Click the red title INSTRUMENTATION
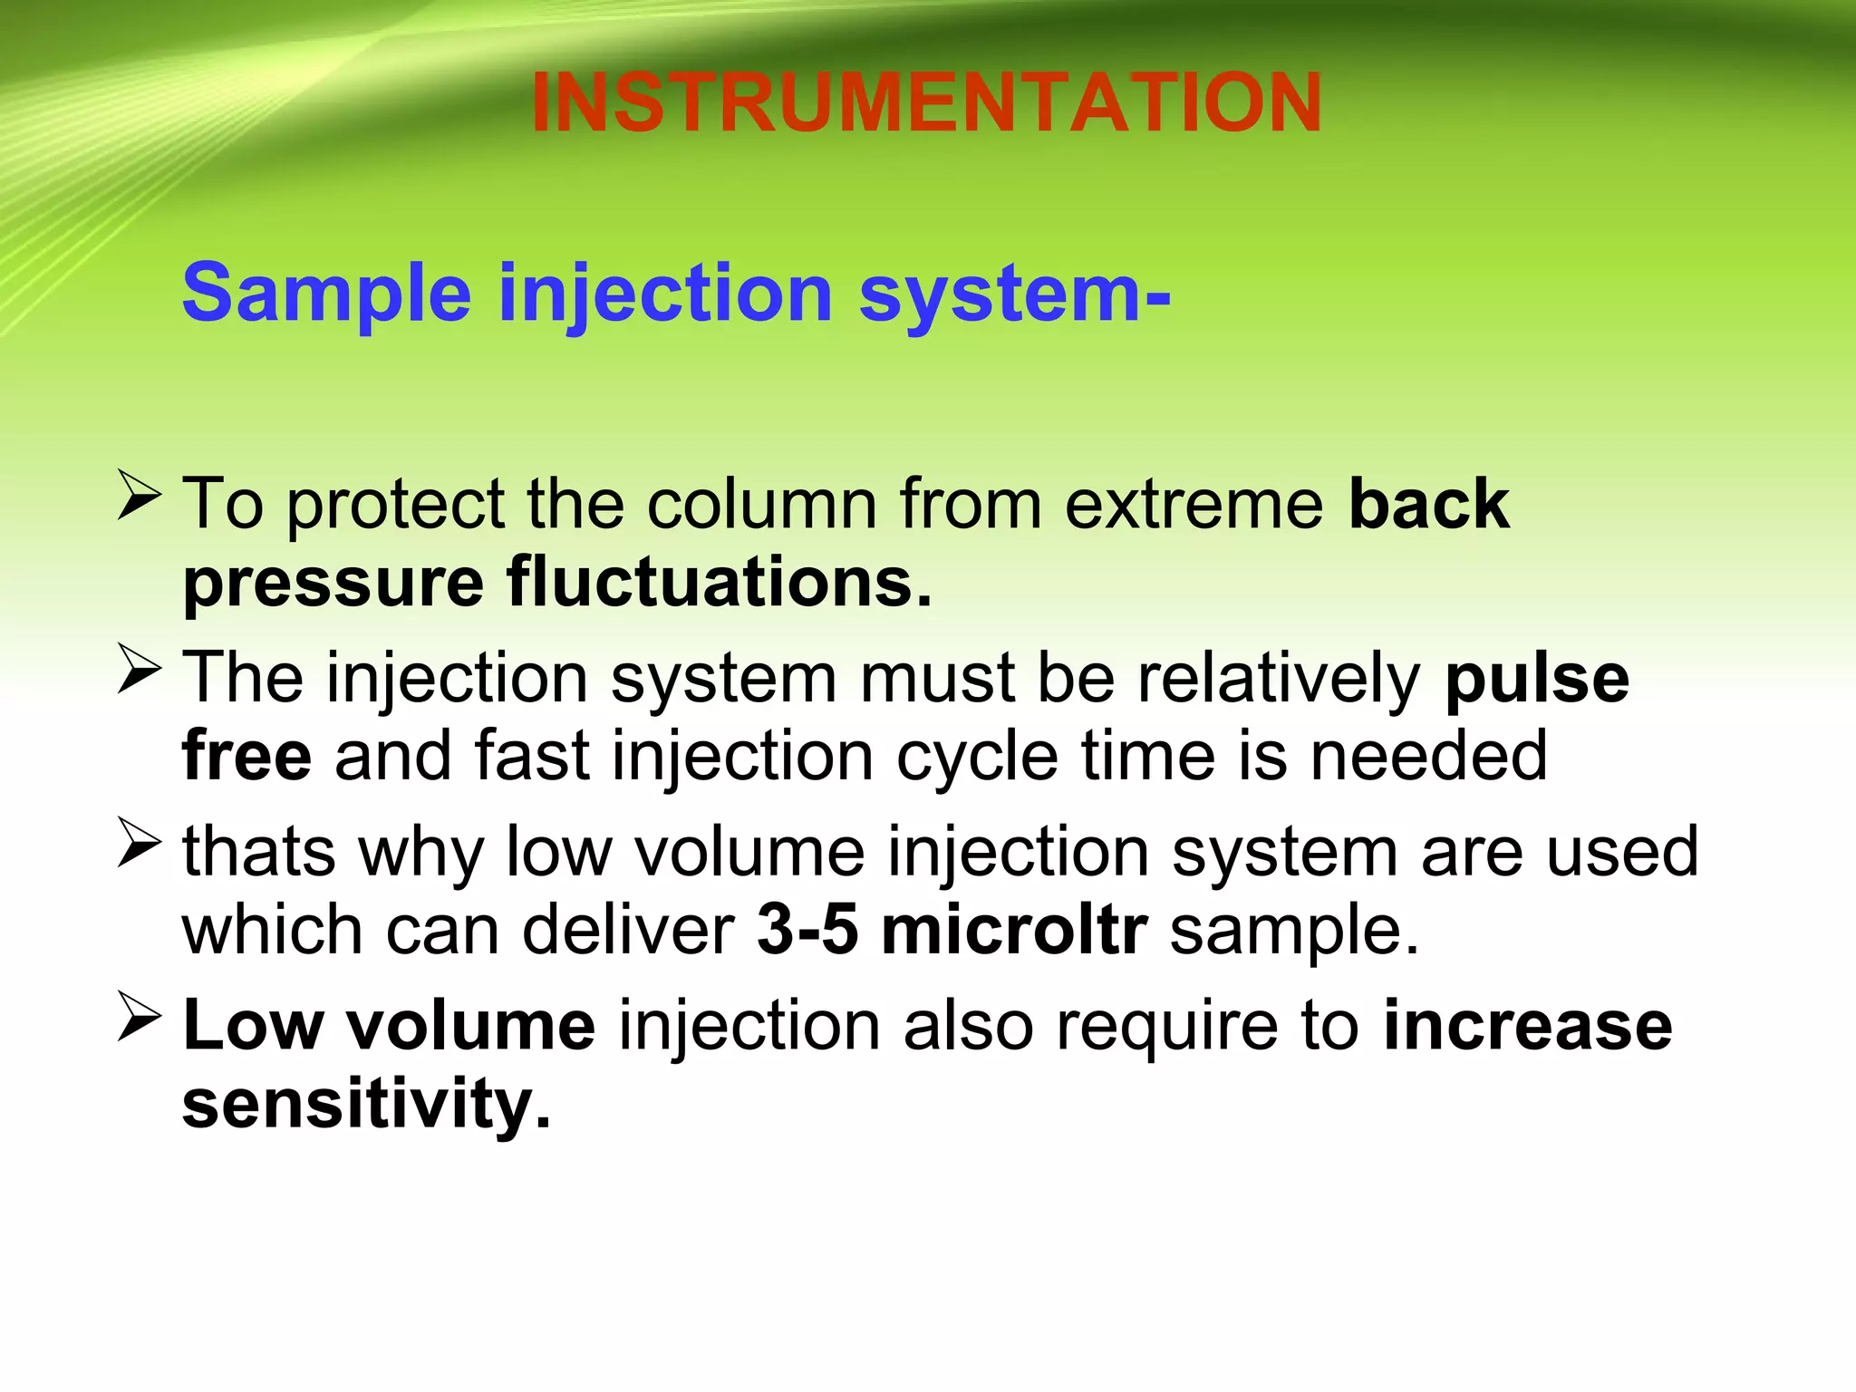pos(926,102)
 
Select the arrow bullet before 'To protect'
pos(139,498)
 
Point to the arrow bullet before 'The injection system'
pos(139,672)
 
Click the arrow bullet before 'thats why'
pos(139,846)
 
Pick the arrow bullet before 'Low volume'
pos(139,1020)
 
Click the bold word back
pos(1428,504)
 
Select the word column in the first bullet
pos(761,504)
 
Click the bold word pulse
pos(1537,679)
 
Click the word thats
pos(258,852)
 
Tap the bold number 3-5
pos(807,931)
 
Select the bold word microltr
pos(1014,931)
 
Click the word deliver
pos(628,931)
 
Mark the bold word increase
pos(1528,1027)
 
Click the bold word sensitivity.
pos(366,1105)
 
